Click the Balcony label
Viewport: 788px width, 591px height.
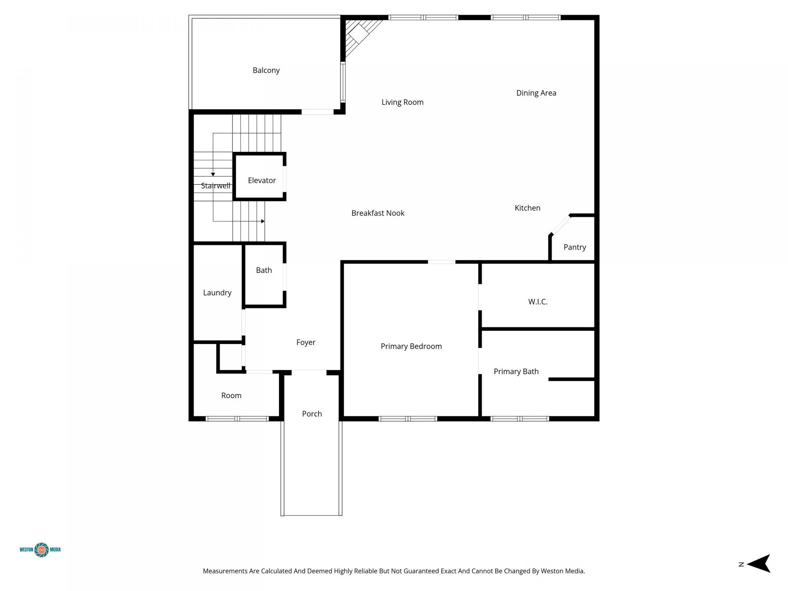click(x=266, y=71)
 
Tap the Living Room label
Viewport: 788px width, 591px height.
click(x=402, y=102)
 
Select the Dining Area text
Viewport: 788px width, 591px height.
click(x=536, y=93)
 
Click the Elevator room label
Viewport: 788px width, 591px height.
click(x=262, y=181)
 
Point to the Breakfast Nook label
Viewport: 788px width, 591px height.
click(x=378, y=213)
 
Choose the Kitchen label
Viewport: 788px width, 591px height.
click(x=527, y=208)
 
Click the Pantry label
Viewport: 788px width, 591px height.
click(x=574, y=247)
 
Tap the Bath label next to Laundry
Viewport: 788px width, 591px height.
click(x=264, y=270)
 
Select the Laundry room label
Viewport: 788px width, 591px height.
click(x=217, y=293)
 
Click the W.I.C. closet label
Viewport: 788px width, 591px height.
click(x=538, y=302)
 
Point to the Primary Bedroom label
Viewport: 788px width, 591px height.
click(x=411, y=346)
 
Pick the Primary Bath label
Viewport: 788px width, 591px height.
click(x=516, y=371)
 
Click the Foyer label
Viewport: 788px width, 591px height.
click(x=306, y=342)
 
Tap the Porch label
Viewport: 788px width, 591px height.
click(x=312, y=414)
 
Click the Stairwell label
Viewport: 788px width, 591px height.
click(x=215, y=186)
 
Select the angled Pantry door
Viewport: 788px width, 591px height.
click(x=560, y=225)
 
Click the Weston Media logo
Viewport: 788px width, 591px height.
click(x=41, y=550)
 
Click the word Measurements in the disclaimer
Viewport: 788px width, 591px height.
click(x=225, y=571)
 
